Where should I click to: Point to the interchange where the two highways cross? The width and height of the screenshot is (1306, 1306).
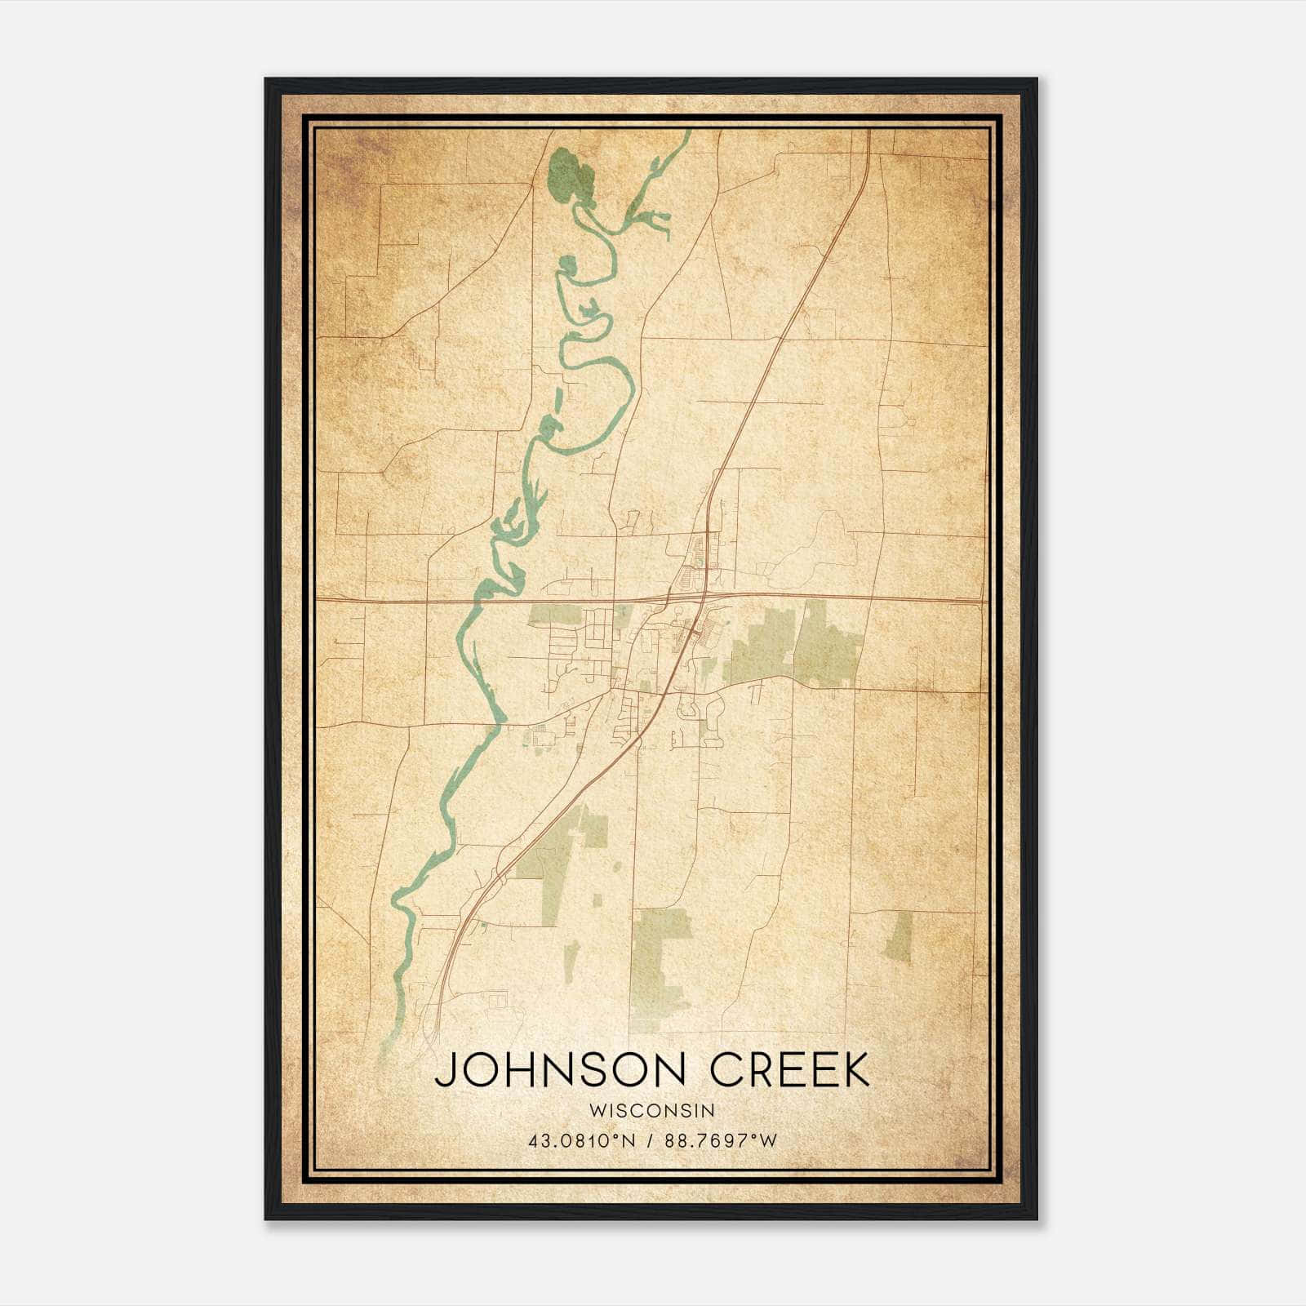point(700,598)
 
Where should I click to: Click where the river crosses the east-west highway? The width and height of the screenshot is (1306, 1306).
point(476,602)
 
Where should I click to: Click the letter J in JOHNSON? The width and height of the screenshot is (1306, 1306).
point(444,1070)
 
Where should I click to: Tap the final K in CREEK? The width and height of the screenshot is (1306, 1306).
point(855,1070)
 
